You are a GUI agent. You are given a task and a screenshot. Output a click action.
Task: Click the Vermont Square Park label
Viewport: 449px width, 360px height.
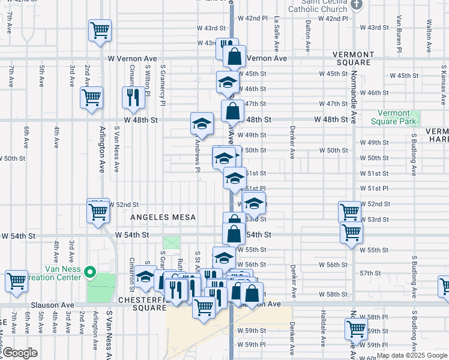pyautogui.click(x=393, y=118)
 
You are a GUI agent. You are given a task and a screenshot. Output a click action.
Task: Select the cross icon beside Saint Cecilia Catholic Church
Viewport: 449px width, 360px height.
pyautogui.click(x=357, y=5)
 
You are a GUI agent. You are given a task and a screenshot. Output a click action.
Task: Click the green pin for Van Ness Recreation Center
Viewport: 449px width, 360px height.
pyautogui.click(x=90, y=273)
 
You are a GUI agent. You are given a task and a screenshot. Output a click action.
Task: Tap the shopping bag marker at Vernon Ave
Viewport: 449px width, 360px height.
pyautogui.click(x=235, y=57)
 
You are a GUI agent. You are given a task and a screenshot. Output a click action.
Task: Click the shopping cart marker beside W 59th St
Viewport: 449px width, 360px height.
pyautogui.click(x=356, y=329)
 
